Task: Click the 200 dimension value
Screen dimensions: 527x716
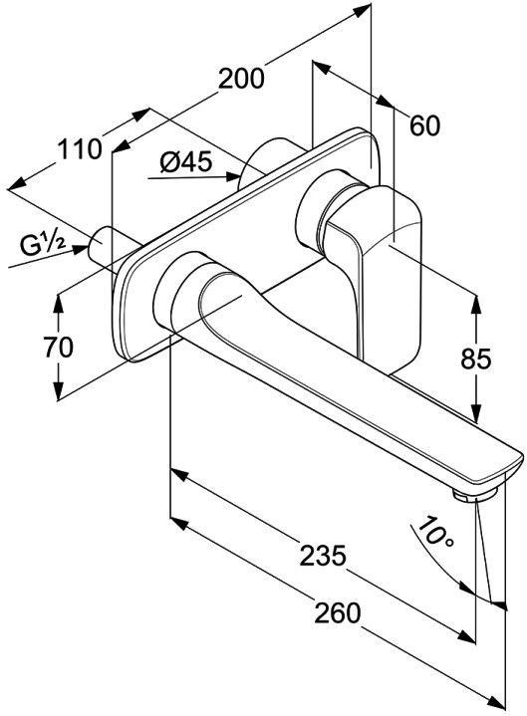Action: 241,78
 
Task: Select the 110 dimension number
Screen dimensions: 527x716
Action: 79,149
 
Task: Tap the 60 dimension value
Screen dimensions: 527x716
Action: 424,125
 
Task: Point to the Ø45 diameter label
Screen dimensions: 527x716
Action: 186,161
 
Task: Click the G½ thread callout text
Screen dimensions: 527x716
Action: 42,247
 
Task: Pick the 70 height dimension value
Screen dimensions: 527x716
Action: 58,347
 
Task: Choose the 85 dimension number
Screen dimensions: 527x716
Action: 475,358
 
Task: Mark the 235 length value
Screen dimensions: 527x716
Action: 324,556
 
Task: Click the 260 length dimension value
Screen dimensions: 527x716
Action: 337,612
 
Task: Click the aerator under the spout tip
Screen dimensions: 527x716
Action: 475,495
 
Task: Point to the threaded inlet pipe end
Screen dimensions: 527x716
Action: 99,245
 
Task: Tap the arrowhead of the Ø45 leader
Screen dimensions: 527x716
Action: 233,176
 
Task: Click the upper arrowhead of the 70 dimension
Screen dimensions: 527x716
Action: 58,303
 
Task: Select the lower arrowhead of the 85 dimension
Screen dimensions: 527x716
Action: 476,413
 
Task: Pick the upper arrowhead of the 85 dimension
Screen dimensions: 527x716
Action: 476,305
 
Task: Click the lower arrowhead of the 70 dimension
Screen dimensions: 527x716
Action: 58,391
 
